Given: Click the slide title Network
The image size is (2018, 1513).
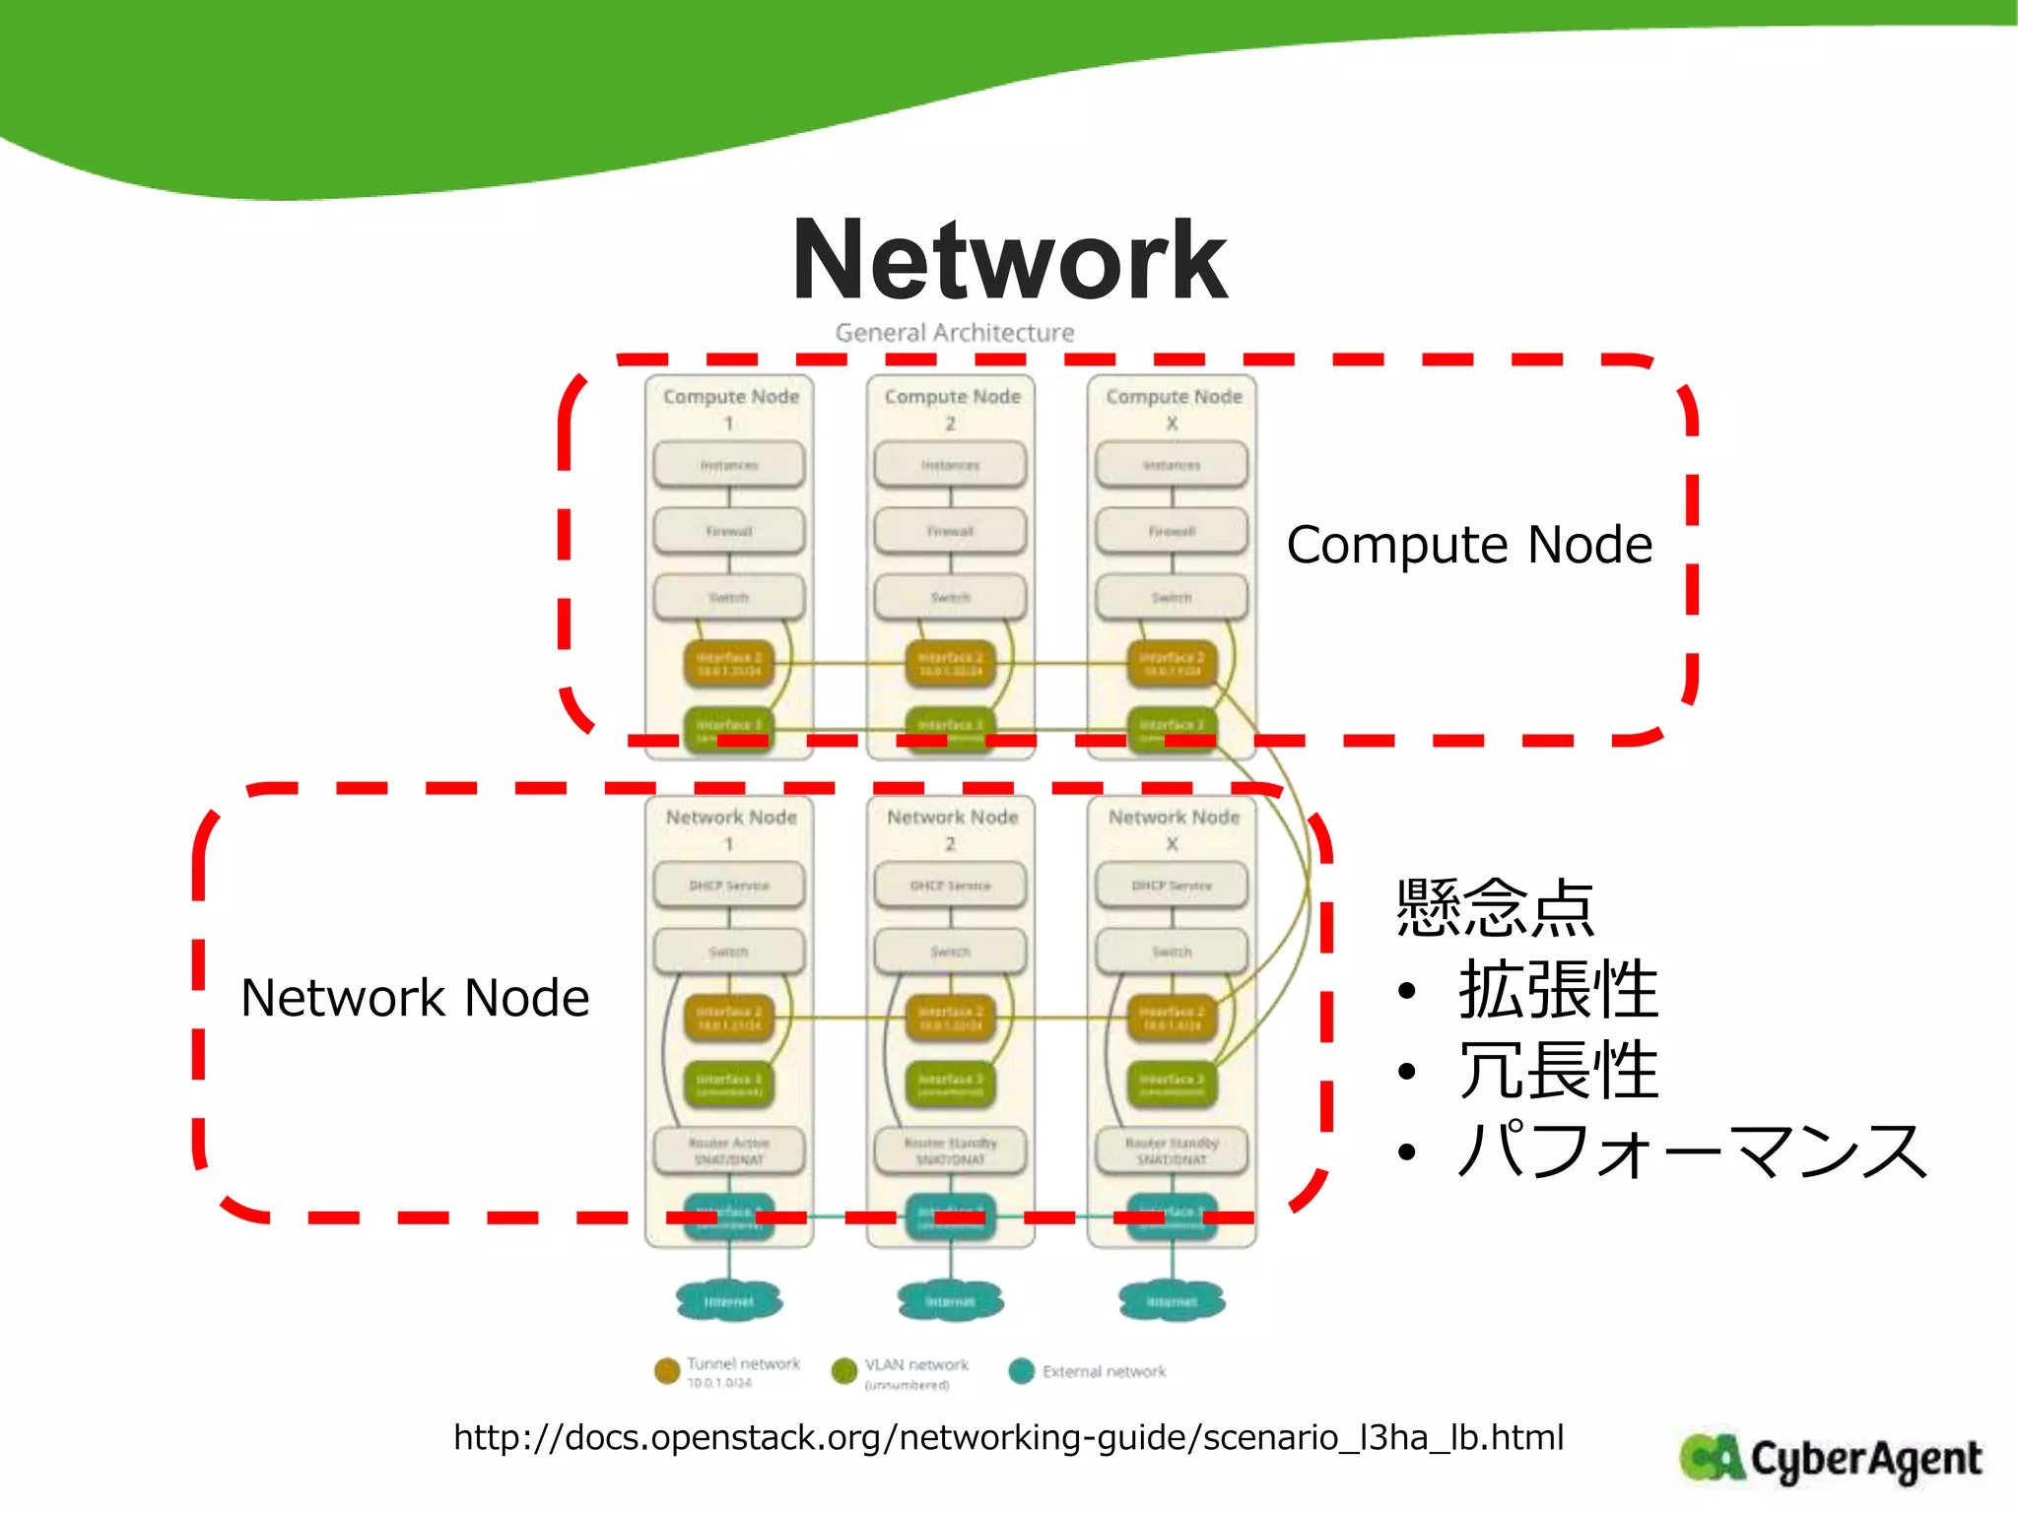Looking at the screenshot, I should [x=1009, y=261].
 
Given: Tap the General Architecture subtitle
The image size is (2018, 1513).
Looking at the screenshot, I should [x=954, y=333].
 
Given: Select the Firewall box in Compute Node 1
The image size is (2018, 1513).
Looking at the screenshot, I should [x=729, y=531].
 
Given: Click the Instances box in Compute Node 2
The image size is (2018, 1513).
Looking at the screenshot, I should [x=950, y=465].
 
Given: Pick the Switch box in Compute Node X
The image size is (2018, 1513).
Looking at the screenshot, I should [x=1172, y=598].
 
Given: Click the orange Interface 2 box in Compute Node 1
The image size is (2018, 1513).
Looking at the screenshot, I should [x=729, y=663].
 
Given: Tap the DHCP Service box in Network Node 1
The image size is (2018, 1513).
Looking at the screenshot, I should [x=729, y=886].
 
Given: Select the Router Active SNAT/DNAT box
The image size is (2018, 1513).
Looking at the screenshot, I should [x=729, y=1151].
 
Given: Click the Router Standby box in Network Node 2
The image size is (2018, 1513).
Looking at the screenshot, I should [x=950, y=1151].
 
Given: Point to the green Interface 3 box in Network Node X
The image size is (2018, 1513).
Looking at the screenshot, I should [x=1172, y=1084].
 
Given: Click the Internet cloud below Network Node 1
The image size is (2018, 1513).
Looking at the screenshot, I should [x=729, y=1301].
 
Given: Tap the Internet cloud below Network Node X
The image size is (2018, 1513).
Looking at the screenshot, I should [x=1172, y=1301].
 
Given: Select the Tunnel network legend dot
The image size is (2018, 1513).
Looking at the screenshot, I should [x=667, y=1370].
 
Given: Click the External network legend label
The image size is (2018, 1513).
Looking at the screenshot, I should [x=1104, y=1371].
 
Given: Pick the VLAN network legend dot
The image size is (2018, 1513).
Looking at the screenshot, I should [x=844, y=1370].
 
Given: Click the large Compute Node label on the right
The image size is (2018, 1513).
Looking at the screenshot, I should [x=1468, y=545].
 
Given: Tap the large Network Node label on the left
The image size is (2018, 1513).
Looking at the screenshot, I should [x=415, y=998].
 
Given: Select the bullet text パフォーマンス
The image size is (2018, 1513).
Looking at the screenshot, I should [x=1691, y=1151].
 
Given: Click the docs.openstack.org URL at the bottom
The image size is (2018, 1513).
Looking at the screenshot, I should [x=1008, y=1437].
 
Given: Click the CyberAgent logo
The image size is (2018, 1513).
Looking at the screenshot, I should [x=1831, y=1459].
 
